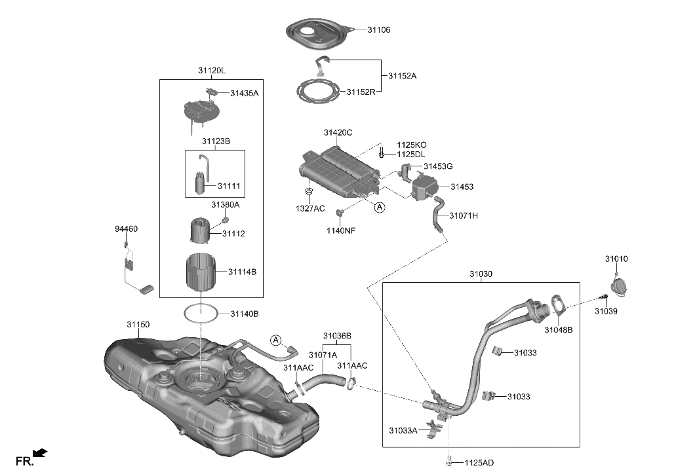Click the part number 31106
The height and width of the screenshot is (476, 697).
click(380, 30)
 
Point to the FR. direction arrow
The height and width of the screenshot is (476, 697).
click(40, 452)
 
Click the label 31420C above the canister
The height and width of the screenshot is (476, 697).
click(338, 133)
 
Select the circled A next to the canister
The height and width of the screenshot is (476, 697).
click(379, 208)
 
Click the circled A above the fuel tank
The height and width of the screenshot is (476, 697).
click(276, 340)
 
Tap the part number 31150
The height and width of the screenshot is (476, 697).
click(138, 324)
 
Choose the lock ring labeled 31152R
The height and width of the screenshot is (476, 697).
click(319, 91)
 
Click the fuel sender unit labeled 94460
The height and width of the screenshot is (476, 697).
click(134, 268)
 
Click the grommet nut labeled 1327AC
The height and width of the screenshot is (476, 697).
click(308, 192)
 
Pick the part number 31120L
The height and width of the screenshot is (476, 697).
click(211, 71)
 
